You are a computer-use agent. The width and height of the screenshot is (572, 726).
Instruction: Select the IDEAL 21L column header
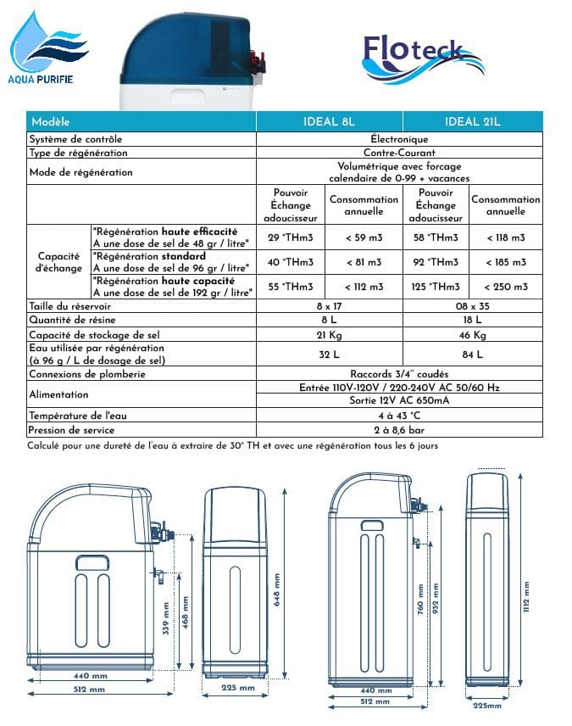pyautogui.click(x=472, y=121)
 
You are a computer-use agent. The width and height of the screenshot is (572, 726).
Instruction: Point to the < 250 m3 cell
pyautogui.click(x=506, y=287)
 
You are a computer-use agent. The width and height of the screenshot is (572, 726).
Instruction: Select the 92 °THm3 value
pyautogui.click(x=436, y=262)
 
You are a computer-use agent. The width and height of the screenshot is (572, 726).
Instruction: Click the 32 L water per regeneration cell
pyautogui.click(x=329, y=355)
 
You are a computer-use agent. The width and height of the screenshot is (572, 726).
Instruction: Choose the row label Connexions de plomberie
pyautogui.click(x=87, y=373)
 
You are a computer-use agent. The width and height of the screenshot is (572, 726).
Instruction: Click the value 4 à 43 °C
pyautogui.click(x=399, y=416)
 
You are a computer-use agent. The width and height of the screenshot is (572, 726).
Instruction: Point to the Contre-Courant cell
pyautogui.click(x=399, y=153)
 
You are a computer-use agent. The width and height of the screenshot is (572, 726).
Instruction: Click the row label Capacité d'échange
pyautogui.click(x=58, y=262)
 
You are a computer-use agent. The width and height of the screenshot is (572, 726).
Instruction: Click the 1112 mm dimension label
pyautogui.click(x=525, y=599)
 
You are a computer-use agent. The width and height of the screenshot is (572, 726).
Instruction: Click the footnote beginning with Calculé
pyautogui.click(x=233, y=445)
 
